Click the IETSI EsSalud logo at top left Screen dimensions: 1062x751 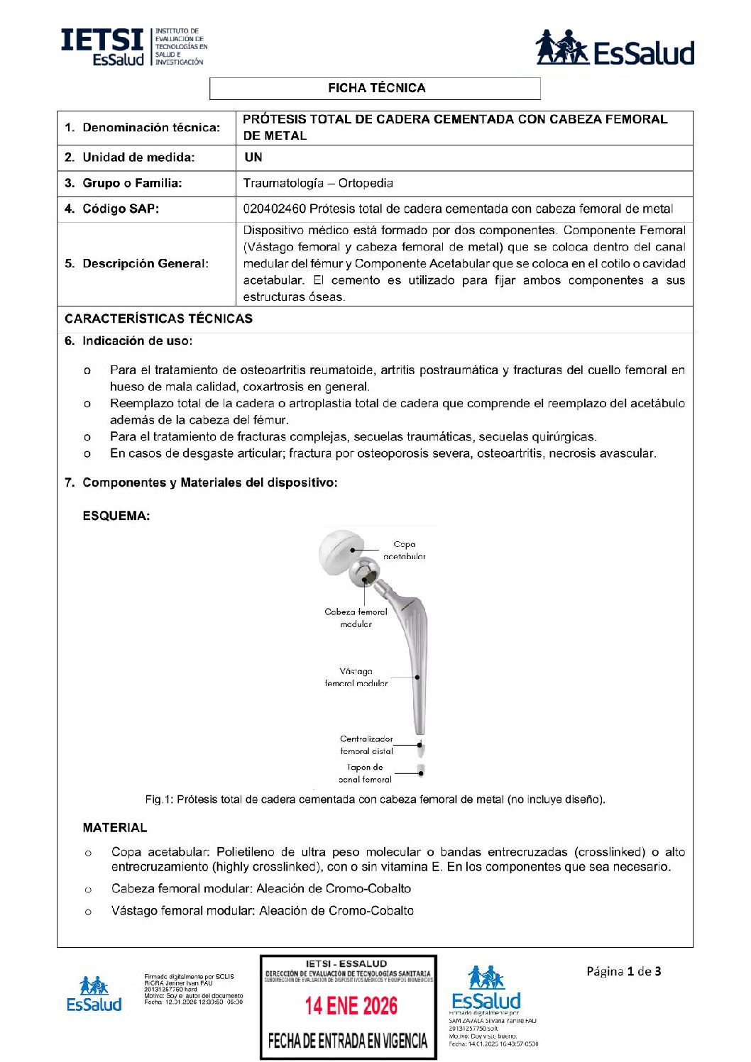(133, 47)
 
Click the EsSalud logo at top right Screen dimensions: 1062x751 (615, 48)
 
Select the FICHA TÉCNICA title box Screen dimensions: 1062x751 (375, 88)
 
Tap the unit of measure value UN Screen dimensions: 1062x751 (253, 157)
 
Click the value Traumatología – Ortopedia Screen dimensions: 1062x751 (318, 183)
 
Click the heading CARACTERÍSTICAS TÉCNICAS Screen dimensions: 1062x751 (158, 319)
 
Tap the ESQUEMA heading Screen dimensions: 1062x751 (116, 516)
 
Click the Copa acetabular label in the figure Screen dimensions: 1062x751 (404, 550)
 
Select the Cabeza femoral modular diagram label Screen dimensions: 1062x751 (356, 617)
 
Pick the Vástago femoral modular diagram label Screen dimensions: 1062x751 (356, 677)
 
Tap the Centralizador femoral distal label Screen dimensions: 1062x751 (366, 745)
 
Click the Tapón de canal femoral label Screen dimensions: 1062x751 (365, 773)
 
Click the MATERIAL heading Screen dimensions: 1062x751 (114, 827)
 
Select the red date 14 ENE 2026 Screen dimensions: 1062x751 (351, 1005)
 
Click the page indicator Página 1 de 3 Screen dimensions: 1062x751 (623, 971)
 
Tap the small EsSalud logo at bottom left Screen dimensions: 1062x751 (94, 994)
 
